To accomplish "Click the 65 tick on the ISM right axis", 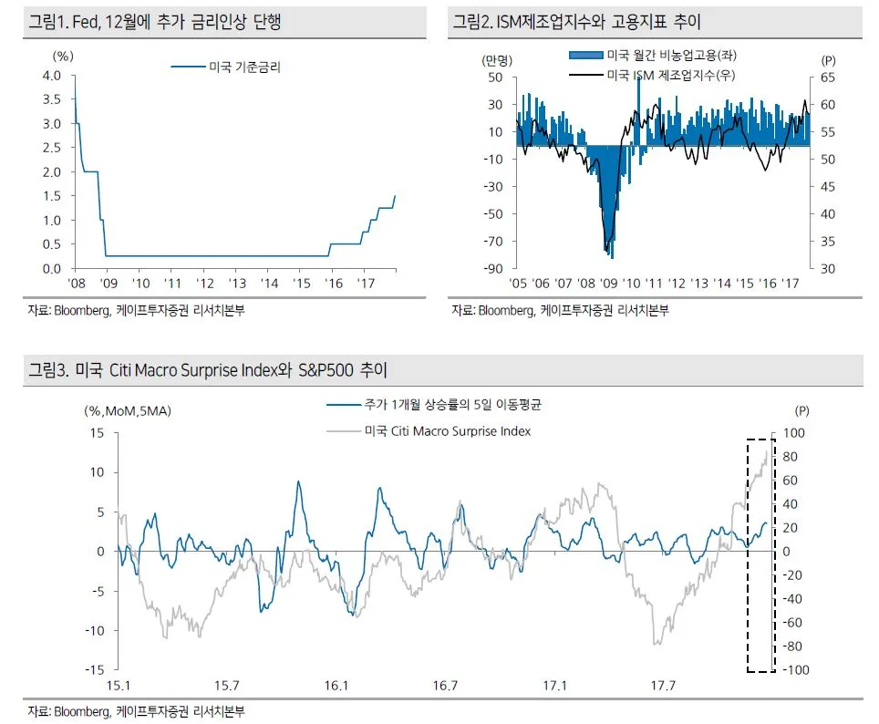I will [x=828, y=78].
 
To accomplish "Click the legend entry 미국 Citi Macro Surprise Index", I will [x=448, y=430].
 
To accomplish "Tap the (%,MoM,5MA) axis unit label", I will [x=127, y=410].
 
